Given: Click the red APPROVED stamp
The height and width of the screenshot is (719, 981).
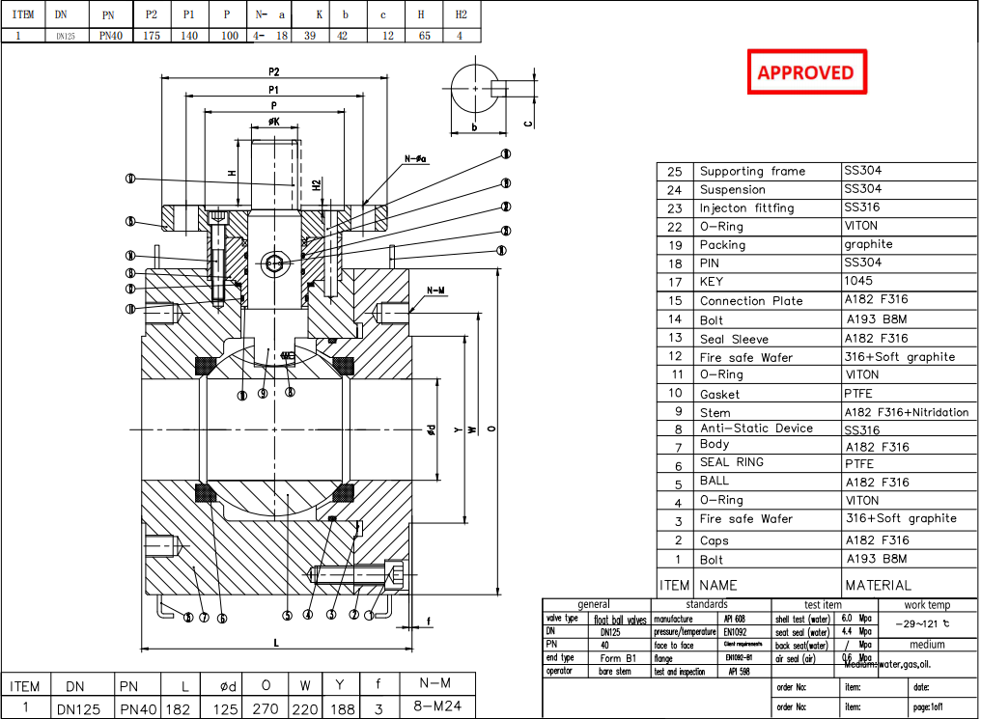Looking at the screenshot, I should coord(806,72).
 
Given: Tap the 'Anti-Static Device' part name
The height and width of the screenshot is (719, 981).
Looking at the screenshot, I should coord(756,429).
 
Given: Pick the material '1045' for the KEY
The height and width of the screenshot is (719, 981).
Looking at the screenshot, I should coord(857,281).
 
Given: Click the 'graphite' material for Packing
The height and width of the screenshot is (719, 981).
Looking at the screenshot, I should coord(868,244).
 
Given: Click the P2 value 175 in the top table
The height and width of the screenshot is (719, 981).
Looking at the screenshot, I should coord(151,35).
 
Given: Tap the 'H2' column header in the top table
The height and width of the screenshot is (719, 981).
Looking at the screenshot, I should coord(461,15).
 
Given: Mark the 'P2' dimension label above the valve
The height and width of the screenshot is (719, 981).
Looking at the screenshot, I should coord(274,72).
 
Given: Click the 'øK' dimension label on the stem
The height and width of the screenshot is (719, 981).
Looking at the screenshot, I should coord(273,123).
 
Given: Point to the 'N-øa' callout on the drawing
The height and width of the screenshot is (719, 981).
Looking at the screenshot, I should coord(416,158).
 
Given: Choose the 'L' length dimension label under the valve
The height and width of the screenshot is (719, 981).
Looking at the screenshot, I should coord(275,642).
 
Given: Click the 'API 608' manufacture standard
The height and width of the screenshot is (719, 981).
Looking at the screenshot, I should coord(733,619).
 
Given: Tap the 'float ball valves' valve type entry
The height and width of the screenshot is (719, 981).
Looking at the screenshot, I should coord(619,620).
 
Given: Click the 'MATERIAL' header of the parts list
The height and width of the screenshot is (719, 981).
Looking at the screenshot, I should coord(877,585).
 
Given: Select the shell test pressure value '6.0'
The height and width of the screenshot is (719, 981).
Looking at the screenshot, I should coord(846,619).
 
